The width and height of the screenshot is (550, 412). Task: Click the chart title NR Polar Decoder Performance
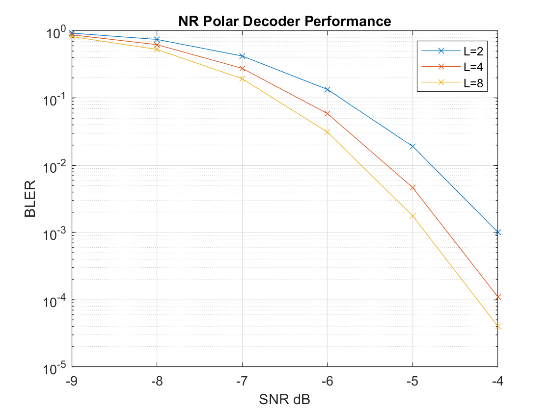(285, 21)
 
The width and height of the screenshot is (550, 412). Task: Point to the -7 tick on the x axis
(243, 380)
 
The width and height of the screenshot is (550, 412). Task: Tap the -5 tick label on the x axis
(412, 380)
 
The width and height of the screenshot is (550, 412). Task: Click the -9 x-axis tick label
(72, 380)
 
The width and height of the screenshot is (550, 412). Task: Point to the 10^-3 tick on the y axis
(55, 233)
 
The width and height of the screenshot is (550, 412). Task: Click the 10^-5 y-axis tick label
(55, 368)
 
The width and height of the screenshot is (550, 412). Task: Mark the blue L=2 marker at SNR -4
(498, 232)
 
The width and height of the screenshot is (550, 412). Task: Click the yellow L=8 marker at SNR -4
(498, 326)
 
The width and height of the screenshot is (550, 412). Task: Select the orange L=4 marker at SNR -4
(498, 297)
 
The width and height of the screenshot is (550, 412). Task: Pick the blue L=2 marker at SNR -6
(328, 89)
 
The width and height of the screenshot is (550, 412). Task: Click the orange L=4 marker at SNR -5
(412, 187)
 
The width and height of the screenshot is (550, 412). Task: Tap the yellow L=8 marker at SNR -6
(328, 132)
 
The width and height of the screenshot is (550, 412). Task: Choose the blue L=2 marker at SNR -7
(243, 56)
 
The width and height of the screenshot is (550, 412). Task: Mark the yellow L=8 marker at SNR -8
(157, 49)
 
